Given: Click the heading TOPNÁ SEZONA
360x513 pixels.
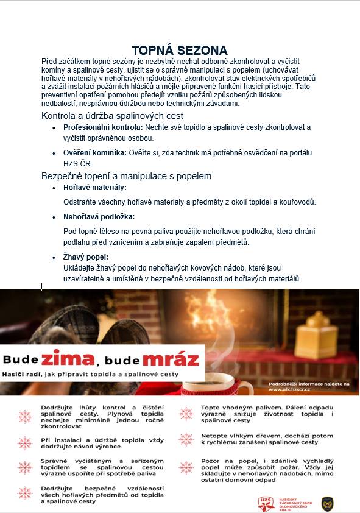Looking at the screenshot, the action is click(180, 51).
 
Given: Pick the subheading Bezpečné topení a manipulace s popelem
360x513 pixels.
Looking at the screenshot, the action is click(126, 176).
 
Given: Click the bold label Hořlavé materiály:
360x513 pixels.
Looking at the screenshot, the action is click(95, 188).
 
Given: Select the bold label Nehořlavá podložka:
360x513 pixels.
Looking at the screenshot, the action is click(99, 217).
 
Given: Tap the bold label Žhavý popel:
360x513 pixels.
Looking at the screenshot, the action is click(86, 257).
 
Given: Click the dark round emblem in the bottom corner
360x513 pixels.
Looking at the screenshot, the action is click(327, 503).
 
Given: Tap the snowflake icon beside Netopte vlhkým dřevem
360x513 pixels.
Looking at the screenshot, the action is click(186, 439).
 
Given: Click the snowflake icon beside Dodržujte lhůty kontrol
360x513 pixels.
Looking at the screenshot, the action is click(25, 417).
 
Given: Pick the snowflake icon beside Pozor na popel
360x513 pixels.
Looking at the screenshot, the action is click(186, 468).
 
